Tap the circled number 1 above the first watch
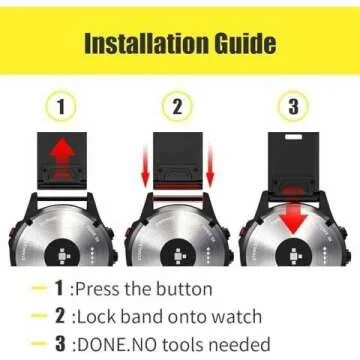62,106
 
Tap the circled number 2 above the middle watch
177,106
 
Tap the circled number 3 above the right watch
292,106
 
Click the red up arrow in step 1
62,153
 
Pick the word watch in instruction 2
234,317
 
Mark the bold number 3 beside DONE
61,345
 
